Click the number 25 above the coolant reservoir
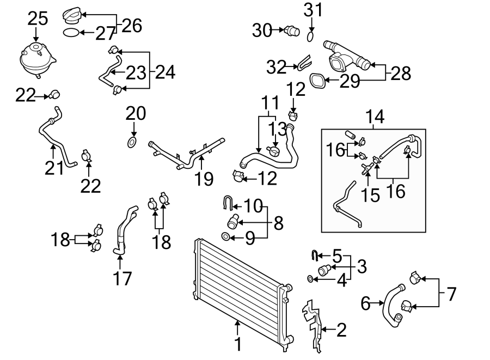point(38,18)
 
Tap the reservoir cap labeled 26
point(71,15)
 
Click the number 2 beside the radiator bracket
point(341,330)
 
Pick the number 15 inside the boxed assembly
point(371,195)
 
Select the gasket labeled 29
point(317,81)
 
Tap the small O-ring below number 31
point(310,36)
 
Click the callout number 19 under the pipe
point(204,179)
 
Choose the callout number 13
point(278,129)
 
